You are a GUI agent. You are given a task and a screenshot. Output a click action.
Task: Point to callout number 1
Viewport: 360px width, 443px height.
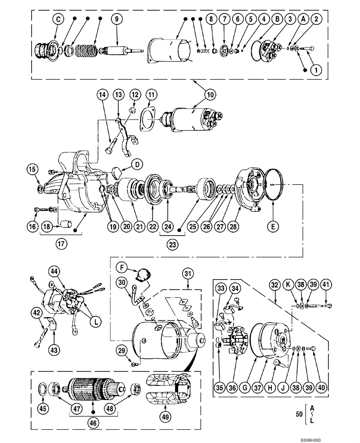tap(316, 70)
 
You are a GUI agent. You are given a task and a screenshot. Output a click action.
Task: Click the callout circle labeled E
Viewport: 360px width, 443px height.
tap(274, 226)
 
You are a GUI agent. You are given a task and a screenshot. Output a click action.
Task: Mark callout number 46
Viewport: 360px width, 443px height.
tap(93, 423)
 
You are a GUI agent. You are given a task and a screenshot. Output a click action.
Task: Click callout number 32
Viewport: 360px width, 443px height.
tap(274, 285)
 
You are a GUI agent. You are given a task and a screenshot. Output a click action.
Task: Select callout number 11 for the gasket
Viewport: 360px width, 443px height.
tap(152, 94)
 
